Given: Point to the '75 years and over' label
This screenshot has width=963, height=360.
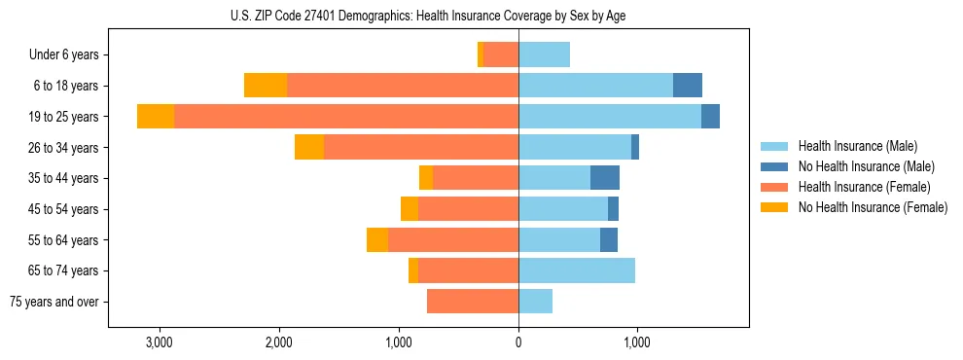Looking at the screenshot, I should click(53, 302).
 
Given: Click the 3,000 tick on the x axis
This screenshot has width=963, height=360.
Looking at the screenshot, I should click(159, 342).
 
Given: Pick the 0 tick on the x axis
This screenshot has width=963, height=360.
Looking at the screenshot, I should click(518, 342).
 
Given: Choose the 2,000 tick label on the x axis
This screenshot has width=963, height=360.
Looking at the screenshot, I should click(279, 342).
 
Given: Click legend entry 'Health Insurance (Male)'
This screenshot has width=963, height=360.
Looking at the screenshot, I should click(857, 146).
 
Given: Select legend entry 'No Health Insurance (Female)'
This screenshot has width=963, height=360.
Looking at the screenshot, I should click(873, 207).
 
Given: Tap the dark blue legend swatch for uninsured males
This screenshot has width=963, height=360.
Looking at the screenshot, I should click(775, 166).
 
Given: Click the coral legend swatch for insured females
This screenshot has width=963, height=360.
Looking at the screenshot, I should click(775, 187).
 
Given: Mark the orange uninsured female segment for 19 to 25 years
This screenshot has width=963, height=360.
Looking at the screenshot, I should click(156, 117).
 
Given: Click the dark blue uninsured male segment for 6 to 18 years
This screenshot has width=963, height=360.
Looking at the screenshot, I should click(688, 86).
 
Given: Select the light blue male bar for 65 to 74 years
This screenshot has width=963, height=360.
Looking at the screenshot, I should click(577, 270).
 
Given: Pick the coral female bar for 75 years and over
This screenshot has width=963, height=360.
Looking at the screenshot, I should click(473, 302).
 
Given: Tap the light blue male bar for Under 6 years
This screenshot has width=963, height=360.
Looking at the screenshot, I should click(544, 54).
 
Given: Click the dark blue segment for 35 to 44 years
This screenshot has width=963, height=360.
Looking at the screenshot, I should click(605, 178).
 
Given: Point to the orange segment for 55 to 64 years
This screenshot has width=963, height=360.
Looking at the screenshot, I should click(377, 239).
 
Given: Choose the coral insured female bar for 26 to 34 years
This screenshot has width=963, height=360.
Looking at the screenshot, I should click(421, 147).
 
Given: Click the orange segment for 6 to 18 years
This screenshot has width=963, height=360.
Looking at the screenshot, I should click(266, 86).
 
